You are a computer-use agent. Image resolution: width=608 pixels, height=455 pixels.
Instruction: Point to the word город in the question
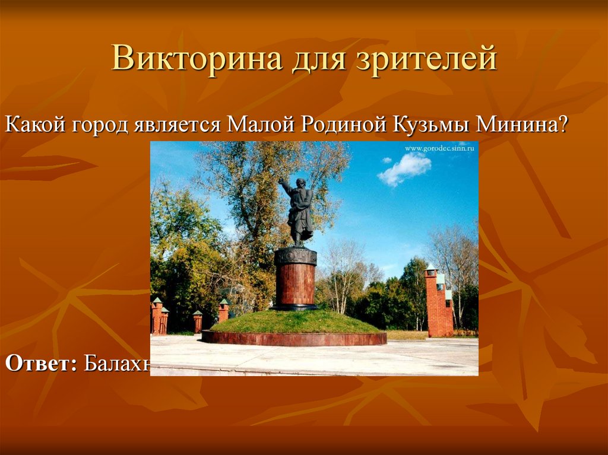[100, 126]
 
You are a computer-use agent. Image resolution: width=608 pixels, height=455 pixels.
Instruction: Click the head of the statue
[302, 183]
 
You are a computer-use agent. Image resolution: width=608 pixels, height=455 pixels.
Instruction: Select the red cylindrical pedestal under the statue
[295, 284]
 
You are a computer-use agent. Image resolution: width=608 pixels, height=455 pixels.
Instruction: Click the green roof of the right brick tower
[430, 268]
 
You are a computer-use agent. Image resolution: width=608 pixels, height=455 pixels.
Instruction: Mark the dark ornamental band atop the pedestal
[295, 256]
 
